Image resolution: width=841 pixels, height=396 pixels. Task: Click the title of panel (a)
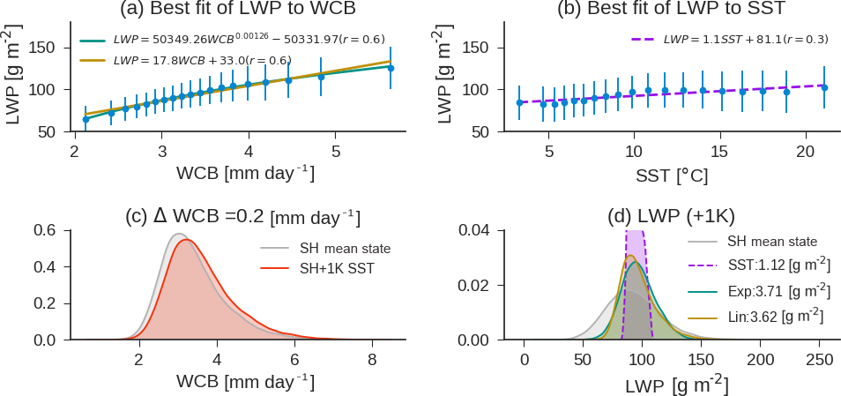pyautogui.click(x=237, y=11)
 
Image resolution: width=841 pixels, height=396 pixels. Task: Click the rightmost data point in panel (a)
pyautogui.click(x=391, y=68)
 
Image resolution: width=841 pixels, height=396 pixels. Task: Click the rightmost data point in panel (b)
pyautogui.click(x=824, y=87)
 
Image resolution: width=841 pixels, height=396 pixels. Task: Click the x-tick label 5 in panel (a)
pyautogui.click(x=336, y=152)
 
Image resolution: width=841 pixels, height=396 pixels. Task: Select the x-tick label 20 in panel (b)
pyautogui.click(x=805, y=152)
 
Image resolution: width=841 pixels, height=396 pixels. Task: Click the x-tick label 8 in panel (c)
pyautogui.click(x=372, y=360)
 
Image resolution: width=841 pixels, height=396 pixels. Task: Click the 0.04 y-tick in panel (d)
pyautogui.click(x=475, y=230)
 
